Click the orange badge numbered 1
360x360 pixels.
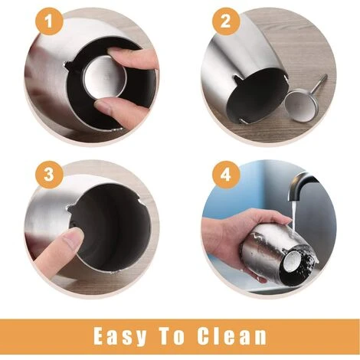(49, 22)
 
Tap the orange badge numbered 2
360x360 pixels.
(225, 21)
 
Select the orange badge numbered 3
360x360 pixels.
(49, 175)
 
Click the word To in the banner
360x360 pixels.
(172, 335)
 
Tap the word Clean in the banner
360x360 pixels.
(231, 335)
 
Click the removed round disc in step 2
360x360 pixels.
(301, 106)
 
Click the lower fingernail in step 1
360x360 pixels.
(103, 106)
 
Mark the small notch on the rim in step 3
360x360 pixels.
(70, 208)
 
